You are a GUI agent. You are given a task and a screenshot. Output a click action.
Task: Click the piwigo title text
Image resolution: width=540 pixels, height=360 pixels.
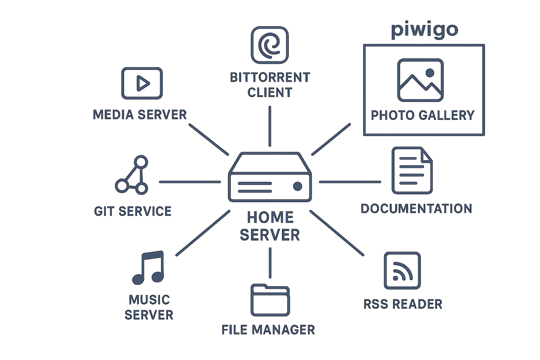click(424, 30)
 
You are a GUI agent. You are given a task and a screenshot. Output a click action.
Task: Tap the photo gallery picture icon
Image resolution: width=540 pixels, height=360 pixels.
click(420, 80)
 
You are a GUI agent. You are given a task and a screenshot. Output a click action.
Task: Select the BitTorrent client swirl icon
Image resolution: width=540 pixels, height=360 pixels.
click(270, 45)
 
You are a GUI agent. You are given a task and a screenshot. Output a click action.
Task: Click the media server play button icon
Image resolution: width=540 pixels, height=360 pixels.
click(142, 83)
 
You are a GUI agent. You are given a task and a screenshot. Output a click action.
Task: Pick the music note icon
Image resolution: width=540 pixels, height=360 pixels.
click(148, 268)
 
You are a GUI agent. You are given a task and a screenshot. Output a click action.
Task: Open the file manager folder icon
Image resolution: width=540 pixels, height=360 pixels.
click(270, 301)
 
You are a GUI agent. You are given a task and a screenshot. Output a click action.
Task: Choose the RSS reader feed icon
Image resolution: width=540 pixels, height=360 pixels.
click(402, 270)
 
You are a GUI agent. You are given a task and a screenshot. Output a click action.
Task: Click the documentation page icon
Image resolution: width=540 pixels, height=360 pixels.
click(412, 171)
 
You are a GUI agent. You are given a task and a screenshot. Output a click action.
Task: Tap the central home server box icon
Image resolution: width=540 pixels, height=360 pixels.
click(270, 178)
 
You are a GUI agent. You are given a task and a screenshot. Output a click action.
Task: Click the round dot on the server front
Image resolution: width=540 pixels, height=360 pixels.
click(297, 186)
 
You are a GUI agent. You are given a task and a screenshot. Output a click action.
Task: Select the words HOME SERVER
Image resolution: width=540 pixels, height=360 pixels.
click(270, 226)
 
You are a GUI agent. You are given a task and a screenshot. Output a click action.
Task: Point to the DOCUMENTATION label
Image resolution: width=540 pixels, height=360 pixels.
click(416, 208)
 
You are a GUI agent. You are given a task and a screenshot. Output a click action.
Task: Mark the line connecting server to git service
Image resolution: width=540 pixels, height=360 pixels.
click(190, 182)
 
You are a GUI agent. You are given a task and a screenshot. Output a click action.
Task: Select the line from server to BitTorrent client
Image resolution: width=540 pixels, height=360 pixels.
click(270, 126)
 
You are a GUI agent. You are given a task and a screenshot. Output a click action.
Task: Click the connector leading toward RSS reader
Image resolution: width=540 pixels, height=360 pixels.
click(336, 233)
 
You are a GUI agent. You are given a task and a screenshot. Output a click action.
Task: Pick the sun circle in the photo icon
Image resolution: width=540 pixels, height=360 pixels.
click(430, 73)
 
